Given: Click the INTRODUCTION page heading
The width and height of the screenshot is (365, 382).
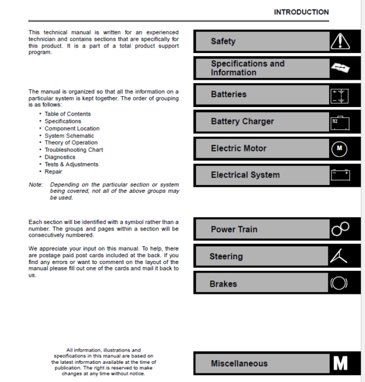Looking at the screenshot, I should (301, 12).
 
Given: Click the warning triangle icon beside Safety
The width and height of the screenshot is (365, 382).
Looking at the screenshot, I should (340, 41).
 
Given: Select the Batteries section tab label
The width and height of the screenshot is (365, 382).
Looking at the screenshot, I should (229, 94).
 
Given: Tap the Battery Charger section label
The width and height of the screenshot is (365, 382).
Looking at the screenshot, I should (242, 121).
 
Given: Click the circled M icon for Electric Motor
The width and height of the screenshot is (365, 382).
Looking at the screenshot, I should (340, 148).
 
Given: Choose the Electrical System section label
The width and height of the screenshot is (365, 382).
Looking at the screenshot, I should (245, 175).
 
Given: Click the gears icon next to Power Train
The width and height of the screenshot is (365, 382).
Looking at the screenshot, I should (339, 229).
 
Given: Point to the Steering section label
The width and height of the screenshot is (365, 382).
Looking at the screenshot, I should (226, 257).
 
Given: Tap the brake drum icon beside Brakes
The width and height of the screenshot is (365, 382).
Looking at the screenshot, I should (339, 283).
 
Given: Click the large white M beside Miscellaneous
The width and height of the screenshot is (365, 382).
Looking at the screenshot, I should (340, 364).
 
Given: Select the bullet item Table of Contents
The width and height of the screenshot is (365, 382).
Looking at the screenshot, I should (68, 114).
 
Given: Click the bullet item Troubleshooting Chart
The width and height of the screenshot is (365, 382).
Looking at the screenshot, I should (74, 150).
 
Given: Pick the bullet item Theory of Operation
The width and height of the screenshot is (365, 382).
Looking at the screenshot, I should (71, 143).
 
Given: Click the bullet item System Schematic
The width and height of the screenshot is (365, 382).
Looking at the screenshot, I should (69, 136).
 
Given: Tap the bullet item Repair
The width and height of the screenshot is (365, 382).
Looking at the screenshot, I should (54, 172).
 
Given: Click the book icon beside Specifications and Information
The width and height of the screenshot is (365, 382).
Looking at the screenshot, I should (340, 68).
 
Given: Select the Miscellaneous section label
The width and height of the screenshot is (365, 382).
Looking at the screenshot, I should (239, 364).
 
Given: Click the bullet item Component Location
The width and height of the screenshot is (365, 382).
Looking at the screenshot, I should (72, 128).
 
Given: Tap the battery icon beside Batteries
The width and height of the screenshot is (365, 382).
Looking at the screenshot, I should (340, 95).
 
